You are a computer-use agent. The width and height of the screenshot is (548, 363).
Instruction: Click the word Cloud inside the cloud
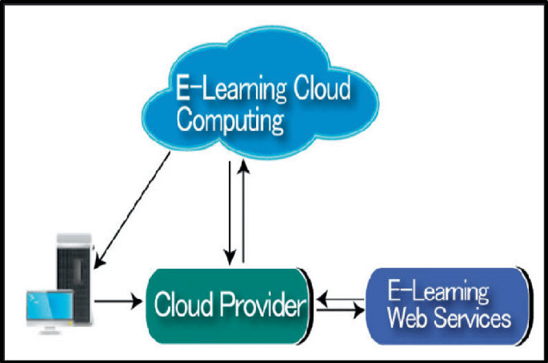[316, 87]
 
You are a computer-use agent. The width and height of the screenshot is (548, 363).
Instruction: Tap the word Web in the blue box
[406, 319]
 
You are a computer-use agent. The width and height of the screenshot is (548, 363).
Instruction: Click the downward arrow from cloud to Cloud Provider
[230, 212]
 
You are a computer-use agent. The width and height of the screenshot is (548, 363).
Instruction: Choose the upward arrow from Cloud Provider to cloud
[242, 212]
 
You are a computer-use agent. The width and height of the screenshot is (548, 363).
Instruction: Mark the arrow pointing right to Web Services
[339, 309]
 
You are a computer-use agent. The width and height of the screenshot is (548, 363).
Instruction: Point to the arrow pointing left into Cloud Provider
[339, 298]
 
